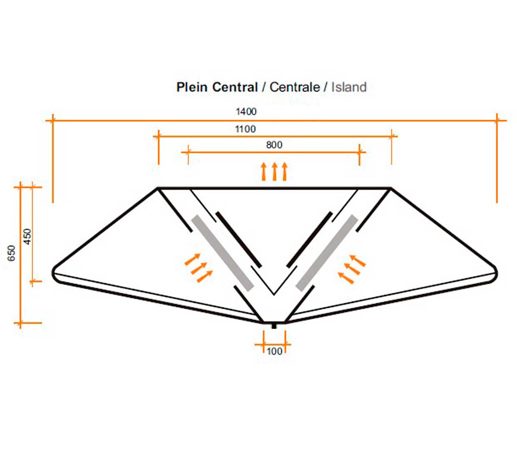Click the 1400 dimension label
tap(246, 112)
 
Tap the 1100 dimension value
tap(245, 129)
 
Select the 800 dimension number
tap(274, 145)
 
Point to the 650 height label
tap(12, 253)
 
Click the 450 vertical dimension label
tap(27, 236)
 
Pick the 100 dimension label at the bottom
tap(274, 351)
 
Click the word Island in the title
tap(349, 87)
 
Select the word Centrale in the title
tap(295, 87)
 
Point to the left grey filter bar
tap(223, 253)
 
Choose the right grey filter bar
tap(327, 253)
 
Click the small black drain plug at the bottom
tap(274, 326)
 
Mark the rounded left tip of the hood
tap(53, 273)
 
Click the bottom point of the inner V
tap(274, 294)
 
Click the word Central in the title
tap(235, 87)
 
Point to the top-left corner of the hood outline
tap(158, 188)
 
